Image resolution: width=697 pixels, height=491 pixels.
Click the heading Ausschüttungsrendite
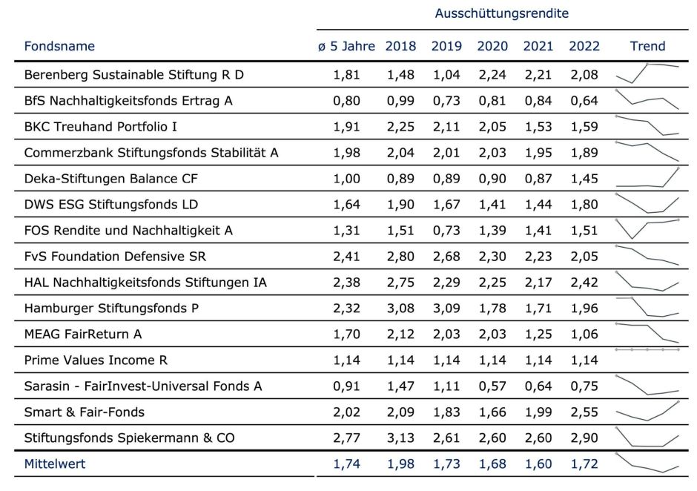click(x=502, y=13)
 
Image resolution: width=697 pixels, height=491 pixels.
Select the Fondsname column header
click(x=59, y=46)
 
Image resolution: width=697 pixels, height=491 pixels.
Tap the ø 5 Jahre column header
click(x=347, y=46)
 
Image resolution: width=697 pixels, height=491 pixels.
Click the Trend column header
click(x=647, y=46)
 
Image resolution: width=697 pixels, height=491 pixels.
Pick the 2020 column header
click(x=492, y=46)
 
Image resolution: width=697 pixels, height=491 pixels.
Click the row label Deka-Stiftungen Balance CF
click(x=111, y=179)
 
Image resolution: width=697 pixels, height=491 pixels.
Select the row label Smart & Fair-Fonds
click(x=85, y=412)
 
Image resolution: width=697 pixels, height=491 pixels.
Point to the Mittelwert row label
click(x=55, y=464)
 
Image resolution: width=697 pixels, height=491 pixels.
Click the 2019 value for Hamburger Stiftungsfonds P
click(x=446, y=309)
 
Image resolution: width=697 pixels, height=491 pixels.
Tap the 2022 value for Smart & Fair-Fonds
click(x=584, y=412)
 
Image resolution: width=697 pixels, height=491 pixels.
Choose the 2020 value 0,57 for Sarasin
click(x=492, y=386)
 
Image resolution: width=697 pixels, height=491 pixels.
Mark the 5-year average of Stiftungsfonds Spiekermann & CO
click(x=347, y=438)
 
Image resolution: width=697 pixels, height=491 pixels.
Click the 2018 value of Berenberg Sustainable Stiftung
click(x=400, y=75)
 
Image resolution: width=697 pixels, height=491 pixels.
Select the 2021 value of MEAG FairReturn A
click(x=538, y=335)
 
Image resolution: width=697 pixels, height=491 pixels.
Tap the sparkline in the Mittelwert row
click(x=647, y=463)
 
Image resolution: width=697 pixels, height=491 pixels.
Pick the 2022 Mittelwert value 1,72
click(x=584, y=464)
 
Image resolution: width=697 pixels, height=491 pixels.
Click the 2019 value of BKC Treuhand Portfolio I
click(x=446, y=127)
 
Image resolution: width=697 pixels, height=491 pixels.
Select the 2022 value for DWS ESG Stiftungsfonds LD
click(x=584, y=205)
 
